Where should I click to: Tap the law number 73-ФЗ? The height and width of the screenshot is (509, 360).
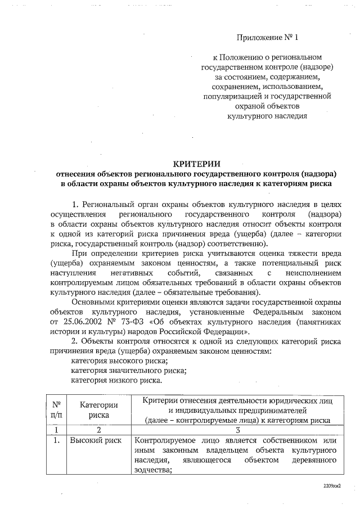[145, 321]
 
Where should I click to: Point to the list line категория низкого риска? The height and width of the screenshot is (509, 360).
[116, 380]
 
